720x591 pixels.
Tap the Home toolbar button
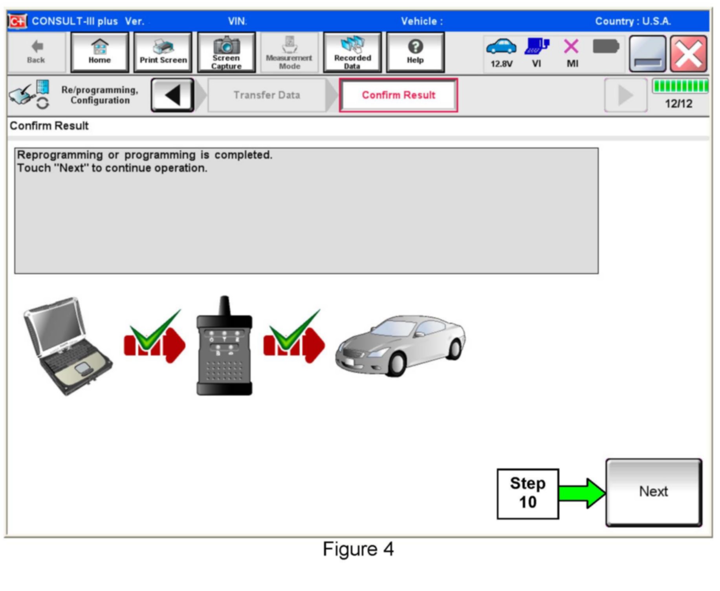click(x=99, y=52)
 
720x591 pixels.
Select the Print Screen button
click(x=163, y=52)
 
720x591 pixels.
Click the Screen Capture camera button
click(x=226, y=52)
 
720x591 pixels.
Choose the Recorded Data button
click(x=352, y=52)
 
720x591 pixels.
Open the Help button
click(x=415, y=52)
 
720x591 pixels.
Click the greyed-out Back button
click(x=36, y=52)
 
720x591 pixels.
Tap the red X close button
click(x=689, y=54)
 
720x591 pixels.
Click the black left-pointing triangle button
click(x=172, y=95)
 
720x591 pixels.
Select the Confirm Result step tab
click(x=398, y=95)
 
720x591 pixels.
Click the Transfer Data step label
click(x=267, y=95)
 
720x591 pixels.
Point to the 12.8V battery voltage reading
click(x=501, y=64)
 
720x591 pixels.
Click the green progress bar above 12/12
click(x=680, y=86)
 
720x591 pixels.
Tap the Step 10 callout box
click(x=528, y=494)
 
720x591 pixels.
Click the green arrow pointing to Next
click(x=582, y=493)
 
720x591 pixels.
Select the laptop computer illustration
click(x=68, y=346)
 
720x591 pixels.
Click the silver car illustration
click(x=400, y=346)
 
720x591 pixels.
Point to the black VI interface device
click(x=224, y=346)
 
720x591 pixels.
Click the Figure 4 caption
click(x=358, y=549)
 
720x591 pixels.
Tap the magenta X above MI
click(x=571, y=46)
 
